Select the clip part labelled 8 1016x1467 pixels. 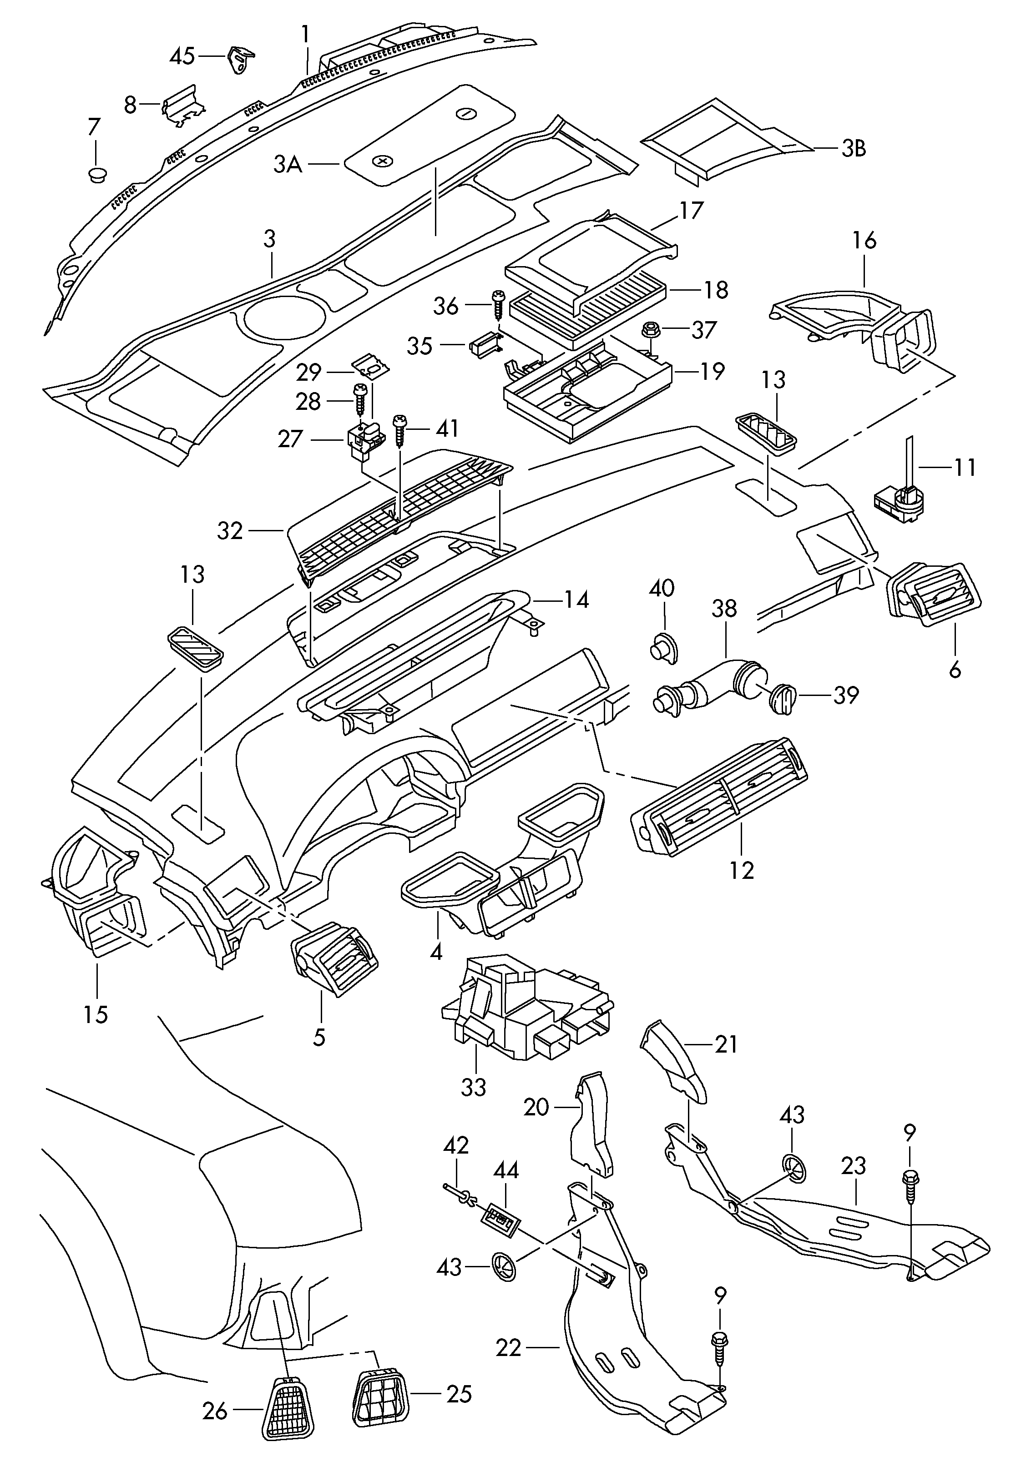coord(184,104)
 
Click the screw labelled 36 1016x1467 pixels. coord(498,303)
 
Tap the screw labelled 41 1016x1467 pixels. coord(401,429)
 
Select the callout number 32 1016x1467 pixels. coord(230,530)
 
